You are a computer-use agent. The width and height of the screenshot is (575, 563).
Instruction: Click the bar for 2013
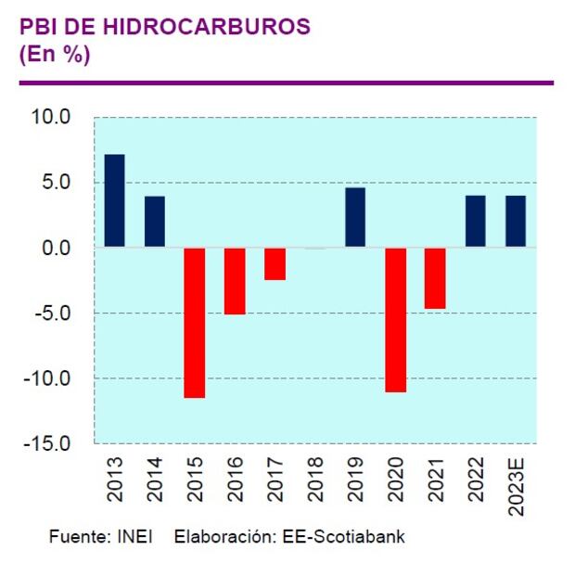point(115,201)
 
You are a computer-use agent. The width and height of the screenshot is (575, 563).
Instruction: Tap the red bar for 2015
point(195,323)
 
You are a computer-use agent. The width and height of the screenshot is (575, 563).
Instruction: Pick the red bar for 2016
point(235,281)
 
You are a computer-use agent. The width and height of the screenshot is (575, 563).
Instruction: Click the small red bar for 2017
point(275,264)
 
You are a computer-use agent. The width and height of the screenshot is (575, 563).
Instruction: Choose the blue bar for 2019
point(355,218)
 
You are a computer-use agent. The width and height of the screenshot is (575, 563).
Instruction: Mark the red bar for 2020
point(396,320)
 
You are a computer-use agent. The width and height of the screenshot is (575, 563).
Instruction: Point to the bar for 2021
point(436,278)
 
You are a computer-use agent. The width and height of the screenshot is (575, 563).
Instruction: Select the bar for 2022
point(475,222)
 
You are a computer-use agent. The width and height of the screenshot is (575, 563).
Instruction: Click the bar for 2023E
point(516,222)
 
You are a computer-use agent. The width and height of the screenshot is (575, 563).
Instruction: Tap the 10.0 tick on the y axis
point(52,118)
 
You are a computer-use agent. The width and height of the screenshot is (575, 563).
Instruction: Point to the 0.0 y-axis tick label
point(57,249)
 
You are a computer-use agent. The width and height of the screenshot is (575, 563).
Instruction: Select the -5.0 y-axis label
point(53,313)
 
